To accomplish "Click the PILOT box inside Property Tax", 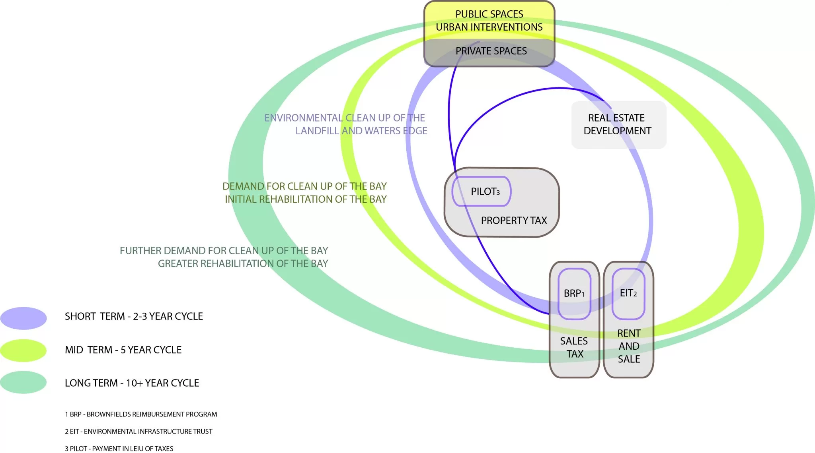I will pyautogui.click(x=482, y=192).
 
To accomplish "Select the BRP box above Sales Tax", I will pyautogui.click(x=574, y=294).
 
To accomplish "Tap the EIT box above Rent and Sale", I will pyautogui.click(x=628, y=293).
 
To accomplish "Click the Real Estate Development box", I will pyautogui.click(x=618, y=124).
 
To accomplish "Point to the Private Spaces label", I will pyautogui.click(x=491, y=51).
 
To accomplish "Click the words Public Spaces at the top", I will pyautogui.click(x=489, y=14).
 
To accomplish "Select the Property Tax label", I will pyautogui.click(x=514, y=221).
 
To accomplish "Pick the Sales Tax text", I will pyautogui.click(x=574, y=347).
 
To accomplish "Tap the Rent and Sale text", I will pyautogui.click(x=629, y=346).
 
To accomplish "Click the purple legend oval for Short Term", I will pyautogui.click(x=23, y=318).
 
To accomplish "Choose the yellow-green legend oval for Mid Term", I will pyautogui.click(x=23, y=350).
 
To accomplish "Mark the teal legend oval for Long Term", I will pyautogui.click(x=23, y=382).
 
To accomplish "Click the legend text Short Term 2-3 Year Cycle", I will pyautogui.click(x=134, y=316).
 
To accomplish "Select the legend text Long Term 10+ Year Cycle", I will pyautogui.click(x=132, y=383).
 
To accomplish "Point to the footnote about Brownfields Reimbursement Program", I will pyautogui.click(x=141, y=414).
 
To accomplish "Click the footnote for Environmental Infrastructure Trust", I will pyautogui.click(x=138, y=432).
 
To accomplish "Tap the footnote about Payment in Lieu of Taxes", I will pyautogui.click(x=119, y=449).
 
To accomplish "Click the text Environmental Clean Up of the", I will pyautogui.click(x=345, y=118).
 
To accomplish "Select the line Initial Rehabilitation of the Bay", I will pyautogui.click(x=306, y=199).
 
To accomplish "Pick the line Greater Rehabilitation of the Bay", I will pyautogui.click(x=243, y=263).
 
